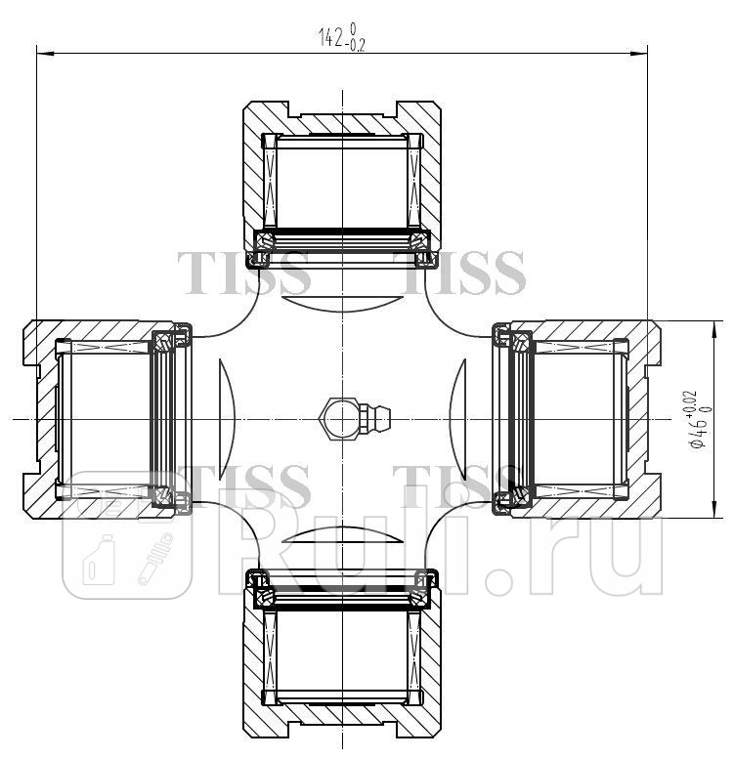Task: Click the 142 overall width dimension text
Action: pyautogui.click(x=332, y=37)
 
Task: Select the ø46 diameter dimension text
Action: pyautogui.click(x=698, y=420)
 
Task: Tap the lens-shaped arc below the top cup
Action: pyautogui.click(x=342, y=302)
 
